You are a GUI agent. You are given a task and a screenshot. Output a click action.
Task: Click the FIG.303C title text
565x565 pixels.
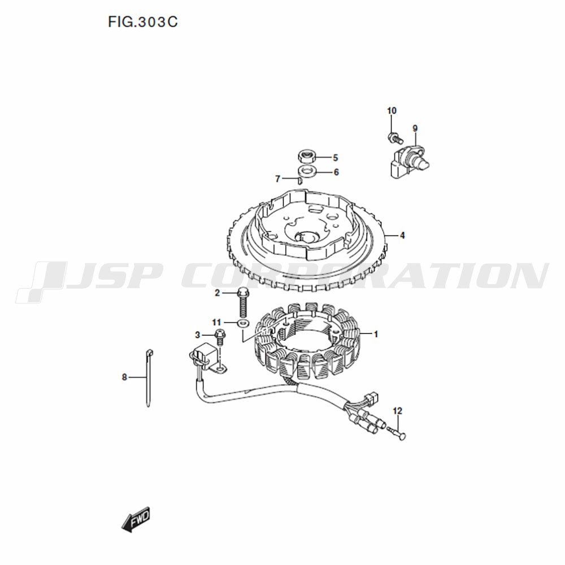coord(143,23)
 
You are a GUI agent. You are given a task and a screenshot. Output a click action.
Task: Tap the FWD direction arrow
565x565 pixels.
coord(136,520)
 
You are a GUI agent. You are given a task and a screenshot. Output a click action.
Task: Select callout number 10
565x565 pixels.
coord(392,111)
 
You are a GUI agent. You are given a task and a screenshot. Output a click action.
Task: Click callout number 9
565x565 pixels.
coord(415,128)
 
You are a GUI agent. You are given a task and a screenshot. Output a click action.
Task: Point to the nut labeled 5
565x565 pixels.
coord(307,157)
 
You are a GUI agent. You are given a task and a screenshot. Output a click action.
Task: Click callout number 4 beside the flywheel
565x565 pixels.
coord(402,235)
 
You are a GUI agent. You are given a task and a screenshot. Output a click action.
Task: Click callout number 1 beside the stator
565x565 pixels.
coord(376,334)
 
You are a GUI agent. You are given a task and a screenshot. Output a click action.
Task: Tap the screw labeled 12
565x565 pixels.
coord(397,432)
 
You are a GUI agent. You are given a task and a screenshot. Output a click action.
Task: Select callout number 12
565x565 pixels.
coord(397,411)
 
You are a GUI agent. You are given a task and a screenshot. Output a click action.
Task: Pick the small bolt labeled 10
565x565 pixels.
coord(395,138)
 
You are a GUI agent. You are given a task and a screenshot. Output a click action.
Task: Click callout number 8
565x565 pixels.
coord(124,377)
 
